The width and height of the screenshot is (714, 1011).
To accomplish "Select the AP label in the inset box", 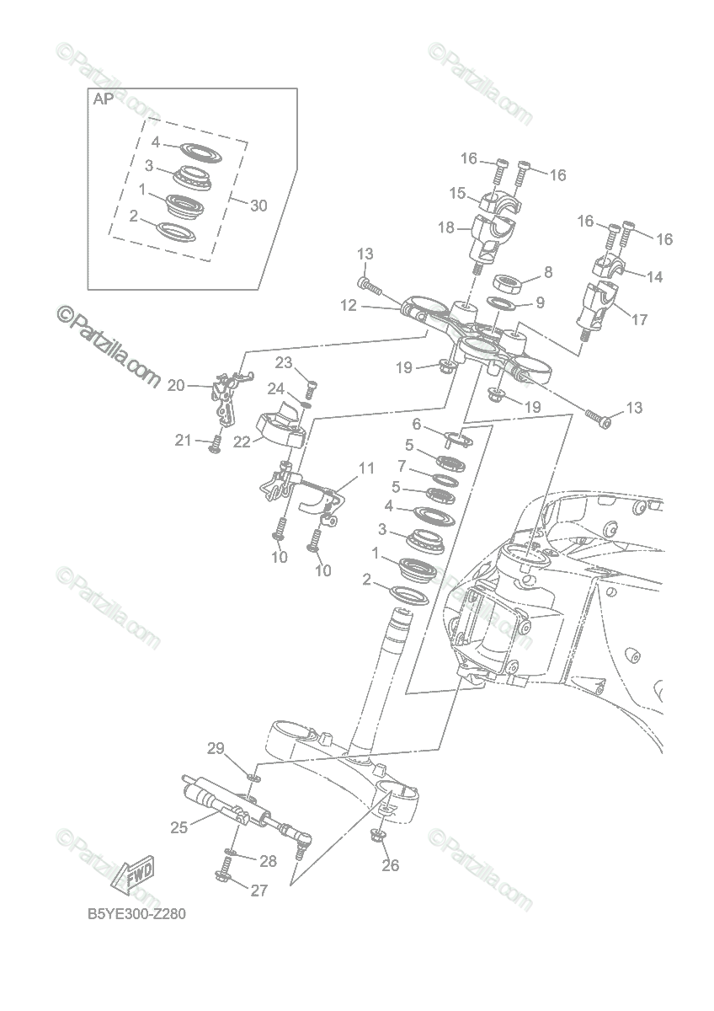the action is pos(104,99).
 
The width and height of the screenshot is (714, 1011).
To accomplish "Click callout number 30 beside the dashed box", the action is pos(258,206).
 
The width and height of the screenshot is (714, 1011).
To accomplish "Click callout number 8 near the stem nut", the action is pos(548,272).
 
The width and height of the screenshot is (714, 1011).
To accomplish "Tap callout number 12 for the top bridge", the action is pos(349,306).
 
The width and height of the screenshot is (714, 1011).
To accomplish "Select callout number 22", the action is pos(242,441).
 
